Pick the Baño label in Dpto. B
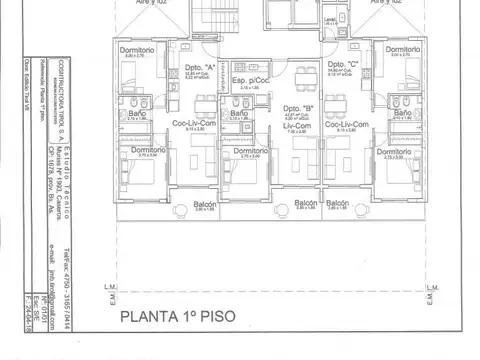coord(239,115)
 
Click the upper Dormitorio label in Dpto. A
coord(135,49)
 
